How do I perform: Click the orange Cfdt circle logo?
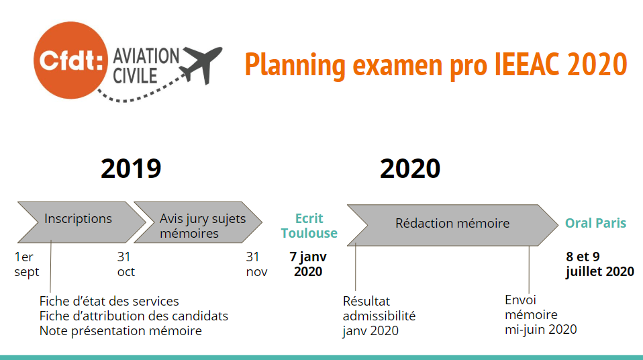click(x=70, y=60)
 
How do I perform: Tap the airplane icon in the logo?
click(x=202, y=64)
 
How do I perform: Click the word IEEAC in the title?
click(x=526, y=64)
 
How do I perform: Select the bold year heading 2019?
click(x=132, y=169)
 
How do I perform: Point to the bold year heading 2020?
click(x=410, y=169)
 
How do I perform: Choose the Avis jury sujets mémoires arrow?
click(x=198, y=222)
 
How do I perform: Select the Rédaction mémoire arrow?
click(x=453, y=225)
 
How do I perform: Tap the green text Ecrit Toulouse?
click(x=309, y=226)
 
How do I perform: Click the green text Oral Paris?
click(x=595, y=223)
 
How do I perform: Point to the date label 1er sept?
click(x=27, y=265)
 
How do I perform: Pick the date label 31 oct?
click(x=126, y=264)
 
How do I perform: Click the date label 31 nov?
click(x=256, y=264)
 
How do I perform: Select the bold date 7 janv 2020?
click(x=308, y=264)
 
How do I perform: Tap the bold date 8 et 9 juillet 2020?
click(x=600, y=265)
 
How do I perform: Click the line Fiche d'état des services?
click(x=109, y=302)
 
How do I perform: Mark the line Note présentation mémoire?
click(x=121, y=331)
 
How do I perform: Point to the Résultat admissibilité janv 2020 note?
click(x=379, y=316)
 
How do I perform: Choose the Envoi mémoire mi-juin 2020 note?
click(x=541, y=315)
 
